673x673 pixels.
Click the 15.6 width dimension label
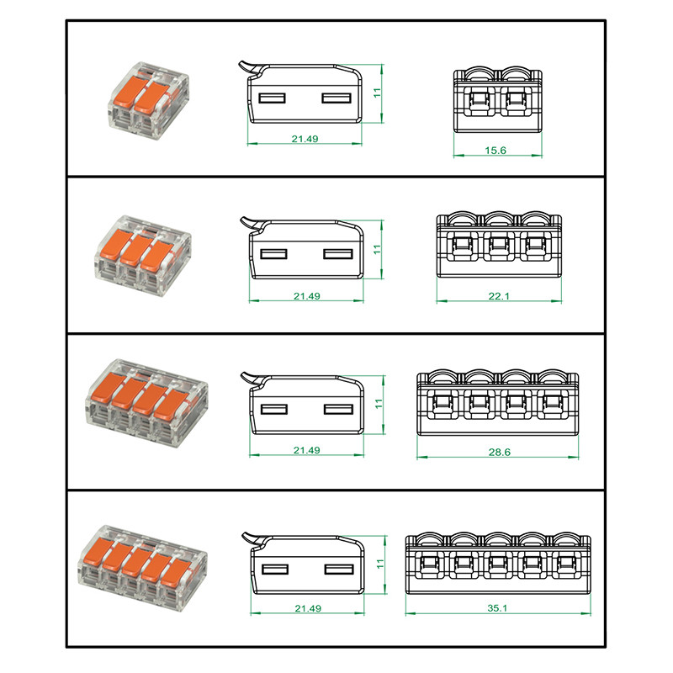(x=495, y=151)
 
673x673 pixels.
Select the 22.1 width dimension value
(x=499, y=296)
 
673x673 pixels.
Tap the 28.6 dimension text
(x=499, y=452)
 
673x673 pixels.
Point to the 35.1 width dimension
(x=497, y=608)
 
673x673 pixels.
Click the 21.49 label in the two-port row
(x=305, y=139)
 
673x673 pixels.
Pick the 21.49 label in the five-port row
(x=308, y=608)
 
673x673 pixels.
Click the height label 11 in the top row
(x=377, y=93)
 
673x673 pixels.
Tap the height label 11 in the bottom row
(x=380, y=564)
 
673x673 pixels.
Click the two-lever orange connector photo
(x=148, y=100)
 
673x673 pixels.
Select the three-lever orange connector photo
(x=143, y=257)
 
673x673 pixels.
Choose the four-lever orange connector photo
(x=146, y=404)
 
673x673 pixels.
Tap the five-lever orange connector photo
(x=142, y=567)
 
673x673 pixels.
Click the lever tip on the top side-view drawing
(x=241, y=64)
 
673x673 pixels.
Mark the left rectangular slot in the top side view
(x=272, y=98)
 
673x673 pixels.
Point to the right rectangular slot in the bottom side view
(x=339, y=570)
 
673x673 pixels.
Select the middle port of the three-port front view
(x=499, y=246)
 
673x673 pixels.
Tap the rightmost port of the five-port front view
(x=566, y=563)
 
